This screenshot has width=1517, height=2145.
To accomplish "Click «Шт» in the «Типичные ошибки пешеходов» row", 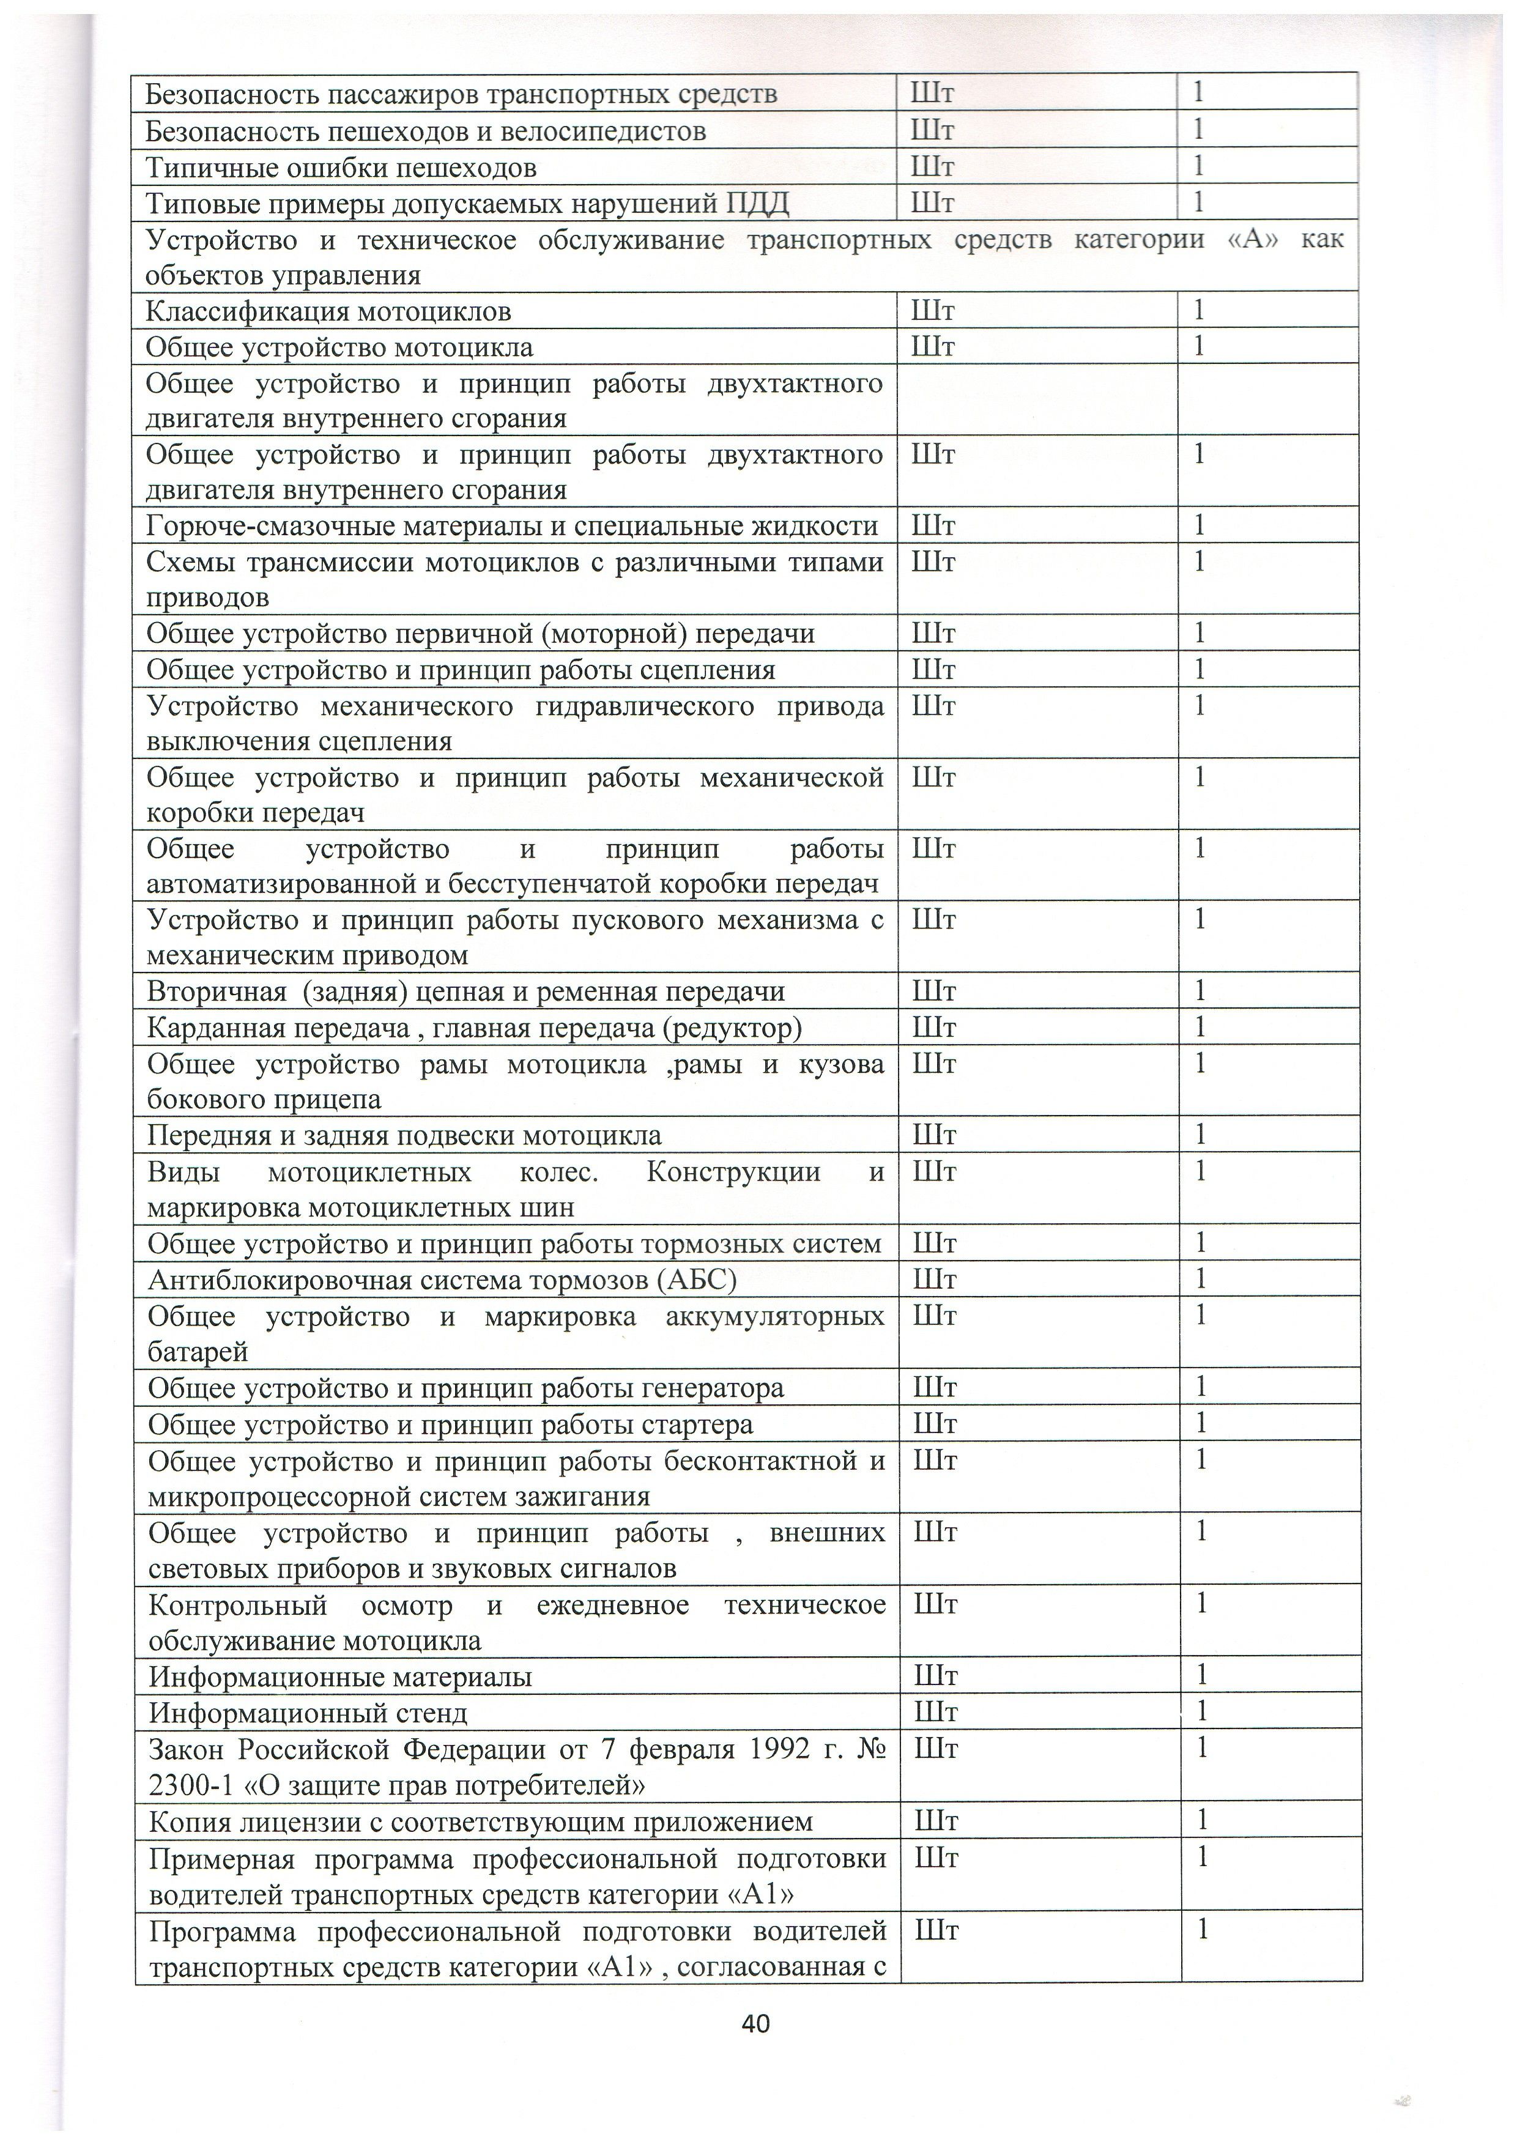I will pyautogui.click(x=932, y=168).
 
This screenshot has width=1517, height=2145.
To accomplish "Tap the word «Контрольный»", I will pyautogui.click(x=238, y=1605).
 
